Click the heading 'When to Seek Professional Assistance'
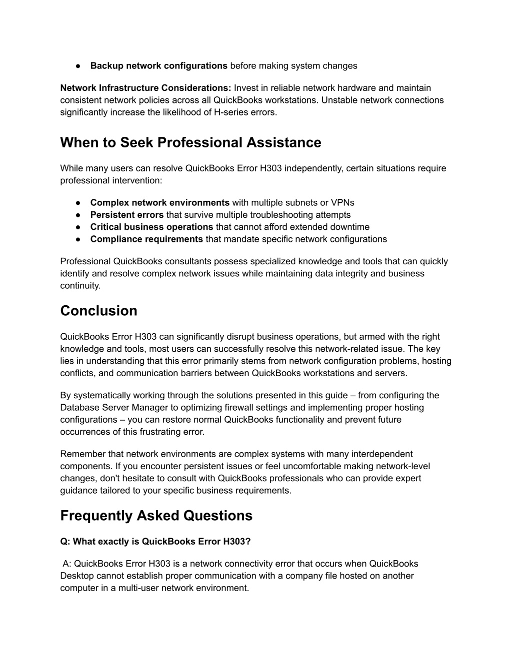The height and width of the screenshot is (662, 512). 190,143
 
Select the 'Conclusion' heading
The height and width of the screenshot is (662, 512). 98,311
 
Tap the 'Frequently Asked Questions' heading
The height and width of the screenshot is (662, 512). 156,516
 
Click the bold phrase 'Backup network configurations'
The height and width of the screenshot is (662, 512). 158,66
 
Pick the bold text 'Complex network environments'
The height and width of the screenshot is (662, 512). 159,203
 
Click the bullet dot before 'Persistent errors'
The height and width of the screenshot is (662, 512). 78,215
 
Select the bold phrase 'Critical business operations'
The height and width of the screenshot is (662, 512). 151,227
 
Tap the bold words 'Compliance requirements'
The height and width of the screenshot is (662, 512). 146,239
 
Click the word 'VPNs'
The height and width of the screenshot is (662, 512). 342,203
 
